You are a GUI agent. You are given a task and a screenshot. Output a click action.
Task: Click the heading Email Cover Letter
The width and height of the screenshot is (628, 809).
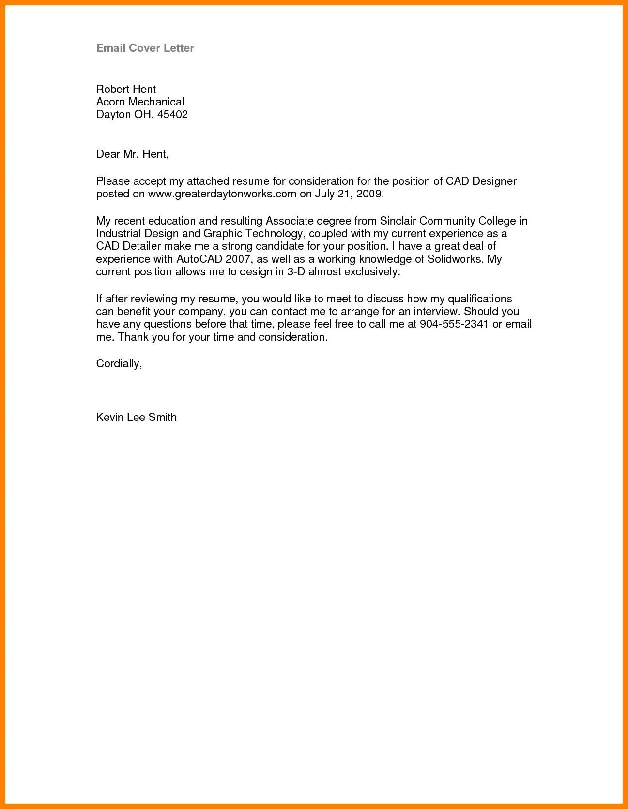[145, 48]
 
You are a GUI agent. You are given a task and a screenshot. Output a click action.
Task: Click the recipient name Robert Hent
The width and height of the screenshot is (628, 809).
[126, 89]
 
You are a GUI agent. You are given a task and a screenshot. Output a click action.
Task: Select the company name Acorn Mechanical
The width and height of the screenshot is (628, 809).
[140, 102]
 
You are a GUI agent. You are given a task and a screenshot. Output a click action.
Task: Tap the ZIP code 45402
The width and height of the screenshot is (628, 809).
[172, 115]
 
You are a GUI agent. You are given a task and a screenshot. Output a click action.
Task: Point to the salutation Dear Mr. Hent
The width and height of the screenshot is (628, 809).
[132, 154]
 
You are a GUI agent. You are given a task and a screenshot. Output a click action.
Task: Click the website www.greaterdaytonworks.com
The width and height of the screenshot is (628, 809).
[222, 194]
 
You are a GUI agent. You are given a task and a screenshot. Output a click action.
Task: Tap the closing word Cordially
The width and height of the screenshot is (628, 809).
[119, 363]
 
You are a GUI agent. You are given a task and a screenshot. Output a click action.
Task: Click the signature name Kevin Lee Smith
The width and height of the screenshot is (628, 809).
[137, 417]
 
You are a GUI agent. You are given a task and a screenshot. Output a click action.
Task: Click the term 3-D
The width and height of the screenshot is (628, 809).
[296, 272]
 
